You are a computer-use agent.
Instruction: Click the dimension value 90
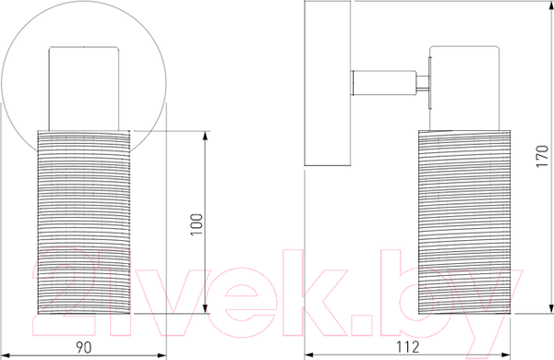tap(83, 348)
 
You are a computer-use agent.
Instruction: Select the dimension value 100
tap(197, 224)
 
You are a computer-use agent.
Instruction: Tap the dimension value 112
tap(408, 347)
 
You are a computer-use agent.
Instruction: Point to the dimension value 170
tap(542, 156)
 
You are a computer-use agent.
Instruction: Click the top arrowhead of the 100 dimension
tap(206, 136)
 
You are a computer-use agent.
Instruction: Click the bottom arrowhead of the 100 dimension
tap(206, 309)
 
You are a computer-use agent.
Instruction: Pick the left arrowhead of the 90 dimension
tap(6, 355)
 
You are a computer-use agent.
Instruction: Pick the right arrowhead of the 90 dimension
tap(162, 355)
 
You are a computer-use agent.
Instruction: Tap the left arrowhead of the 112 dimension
tap(309, 354)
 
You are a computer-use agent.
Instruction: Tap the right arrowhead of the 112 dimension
tap(506, 354)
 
